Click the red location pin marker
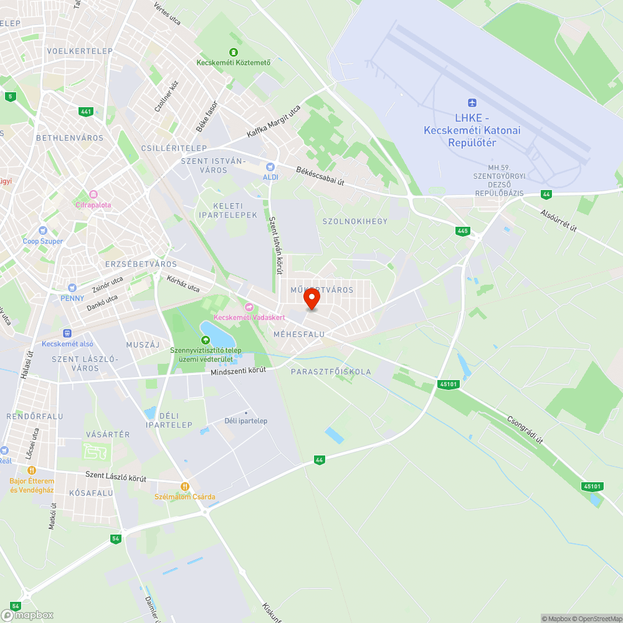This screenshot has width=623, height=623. tap(311, 300)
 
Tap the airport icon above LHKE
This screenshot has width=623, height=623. tap(472, 103)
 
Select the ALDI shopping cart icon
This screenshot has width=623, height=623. tap(270, 166)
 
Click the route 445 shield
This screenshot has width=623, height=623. tap(462, 231)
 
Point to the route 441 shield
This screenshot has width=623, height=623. tap(86, 112)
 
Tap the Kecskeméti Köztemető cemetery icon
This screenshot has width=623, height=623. tap(234, 52)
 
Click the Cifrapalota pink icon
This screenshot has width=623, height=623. tap(93, 194)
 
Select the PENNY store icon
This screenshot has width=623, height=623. tap(72, 288)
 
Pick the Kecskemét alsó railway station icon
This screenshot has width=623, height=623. tap(67, 333)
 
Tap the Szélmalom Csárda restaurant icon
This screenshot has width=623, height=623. tap(184, 486)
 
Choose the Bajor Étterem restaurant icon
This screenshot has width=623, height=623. tap(32, 470)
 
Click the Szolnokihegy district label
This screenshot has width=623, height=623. tap(355, 221)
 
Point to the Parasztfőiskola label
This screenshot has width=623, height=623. tap(331, 372)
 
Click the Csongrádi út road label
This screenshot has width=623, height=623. tap(525, 430)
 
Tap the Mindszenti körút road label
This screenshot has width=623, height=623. tap(239, 371)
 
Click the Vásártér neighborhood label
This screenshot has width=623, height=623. tap(108, 434)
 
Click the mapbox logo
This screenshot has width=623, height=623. tap(27, 614)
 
